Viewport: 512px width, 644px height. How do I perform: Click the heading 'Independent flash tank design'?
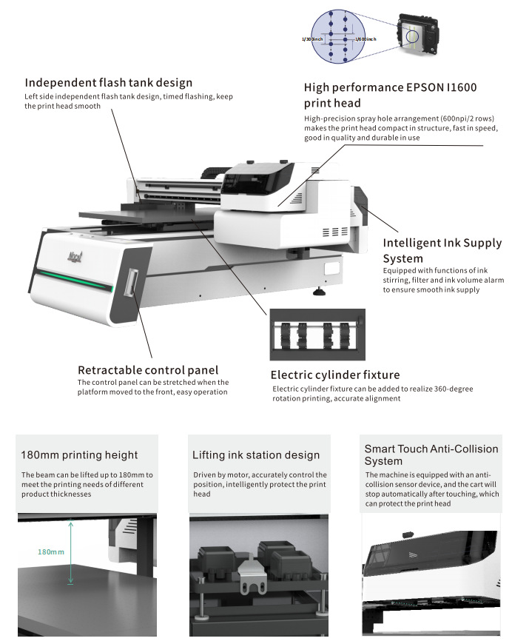click(108, 82)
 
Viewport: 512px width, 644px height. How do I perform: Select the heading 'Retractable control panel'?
click(148, 369)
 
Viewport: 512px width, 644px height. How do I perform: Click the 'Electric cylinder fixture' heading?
click(334, 375)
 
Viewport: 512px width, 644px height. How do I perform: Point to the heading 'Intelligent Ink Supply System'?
click(442, 250)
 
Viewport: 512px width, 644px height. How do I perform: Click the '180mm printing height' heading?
click(79, 455)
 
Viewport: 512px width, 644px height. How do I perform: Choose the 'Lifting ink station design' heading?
click(255, 455)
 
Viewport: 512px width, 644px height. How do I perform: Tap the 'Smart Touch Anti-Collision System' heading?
click(431, 455)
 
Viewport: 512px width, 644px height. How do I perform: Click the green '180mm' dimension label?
click(51, 552)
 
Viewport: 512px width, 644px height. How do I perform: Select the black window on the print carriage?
click(252, 178)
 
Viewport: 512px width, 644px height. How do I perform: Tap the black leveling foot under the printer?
click(320, 291)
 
